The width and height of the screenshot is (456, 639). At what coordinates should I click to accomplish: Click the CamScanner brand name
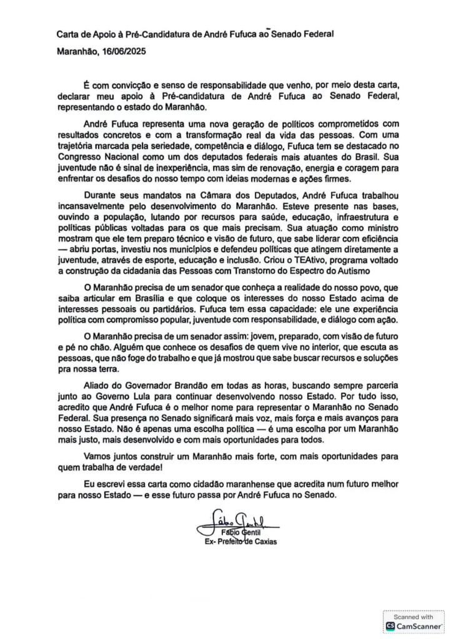point(419,625)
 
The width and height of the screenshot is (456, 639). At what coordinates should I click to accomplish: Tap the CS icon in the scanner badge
point(390,625)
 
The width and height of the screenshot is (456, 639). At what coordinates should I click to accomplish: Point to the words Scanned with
point(413,616)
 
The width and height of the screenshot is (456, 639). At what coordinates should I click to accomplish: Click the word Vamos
point(97,456)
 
